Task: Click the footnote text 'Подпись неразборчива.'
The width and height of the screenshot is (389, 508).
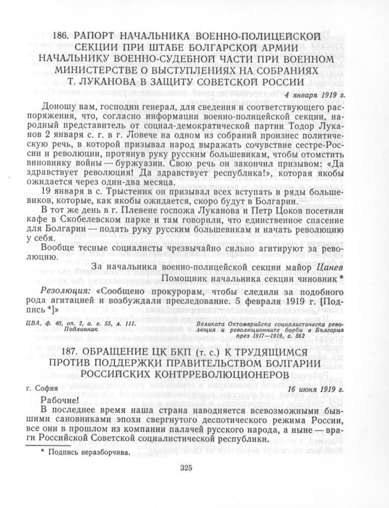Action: point(89,453)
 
